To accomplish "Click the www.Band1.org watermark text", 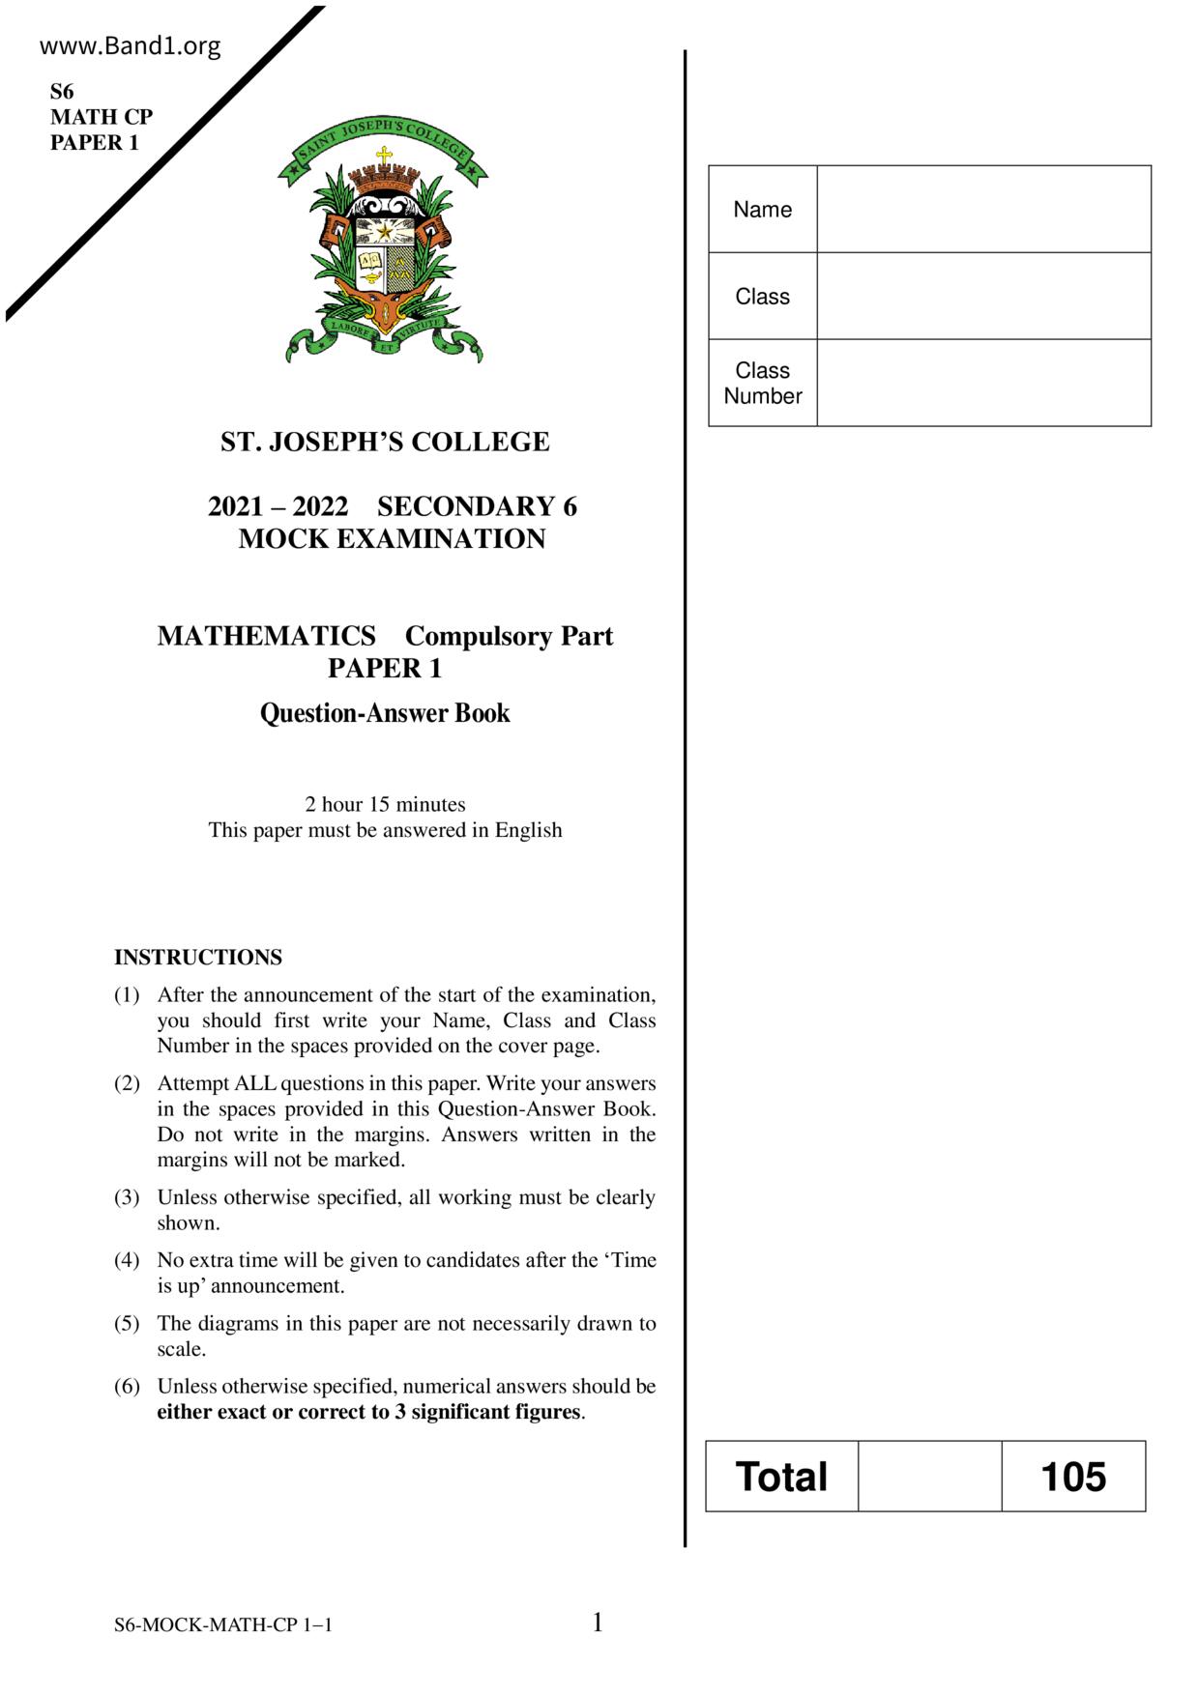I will click(131, 46).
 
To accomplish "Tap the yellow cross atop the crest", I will click(384, 155).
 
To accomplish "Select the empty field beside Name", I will click(983, 209).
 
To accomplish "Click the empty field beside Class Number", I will click(983, 383).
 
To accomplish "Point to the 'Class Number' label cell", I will click(763, 383).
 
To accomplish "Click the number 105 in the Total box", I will click(1073, 1477).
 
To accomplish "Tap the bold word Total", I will click(781, 1477).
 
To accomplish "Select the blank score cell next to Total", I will click(929, 1477).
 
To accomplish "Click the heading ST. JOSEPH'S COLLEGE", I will click(385, 442).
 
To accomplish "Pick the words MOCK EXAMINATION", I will click(392, 538).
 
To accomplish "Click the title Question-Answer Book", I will click(385, 713).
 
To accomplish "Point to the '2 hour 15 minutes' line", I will click(385, 804).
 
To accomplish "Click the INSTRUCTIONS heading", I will click(198, 958).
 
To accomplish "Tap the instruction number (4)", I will click(127, 1260).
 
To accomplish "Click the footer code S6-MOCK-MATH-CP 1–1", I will click(223, 1625).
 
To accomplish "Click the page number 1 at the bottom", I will click(598, 1623).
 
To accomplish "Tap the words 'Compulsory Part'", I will click(509, 636).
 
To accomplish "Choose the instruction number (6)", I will click(127, 1387).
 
